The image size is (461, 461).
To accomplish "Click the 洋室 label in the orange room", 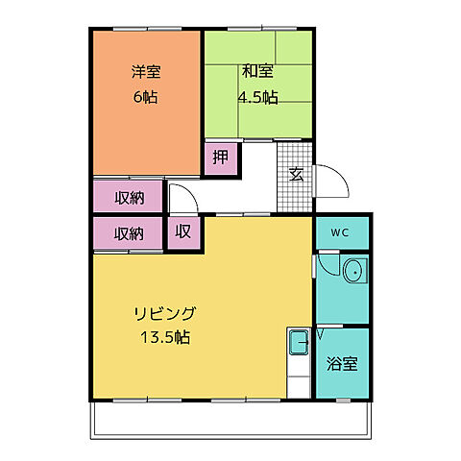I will pos(146,71).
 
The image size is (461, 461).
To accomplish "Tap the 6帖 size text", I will pos(146,96).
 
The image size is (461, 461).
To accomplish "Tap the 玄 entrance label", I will pos(296,174).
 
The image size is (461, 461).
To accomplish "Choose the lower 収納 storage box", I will pos(129,233).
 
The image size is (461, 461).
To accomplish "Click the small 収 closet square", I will pos(182,232).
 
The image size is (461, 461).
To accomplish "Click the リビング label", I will pos(165,313).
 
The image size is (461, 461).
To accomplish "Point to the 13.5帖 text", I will pos(165,338).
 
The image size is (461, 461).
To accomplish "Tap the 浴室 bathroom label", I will pos(342,364).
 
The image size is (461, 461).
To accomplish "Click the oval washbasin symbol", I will pos(354,272).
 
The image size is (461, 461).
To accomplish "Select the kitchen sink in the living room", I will pos(299,338).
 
